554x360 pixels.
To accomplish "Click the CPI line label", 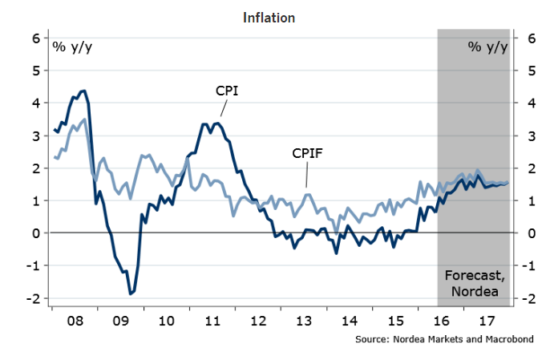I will (x=228, y=91).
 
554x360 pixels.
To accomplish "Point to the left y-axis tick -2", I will (x=34, y=299).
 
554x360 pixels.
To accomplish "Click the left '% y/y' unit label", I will (x=72, y=46).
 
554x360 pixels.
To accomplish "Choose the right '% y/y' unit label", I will (x=488, y=46).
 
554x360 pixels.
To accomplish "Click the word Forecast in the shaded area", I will (x=473, y=276).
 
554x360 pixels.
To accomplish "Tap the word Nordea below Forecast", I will (x=471, y=292).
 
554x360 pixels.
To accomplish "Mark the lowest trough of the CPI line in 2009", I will (x=131, y=293).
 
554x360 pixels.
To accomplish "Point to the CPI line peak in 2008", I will (x=83, y=91).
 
